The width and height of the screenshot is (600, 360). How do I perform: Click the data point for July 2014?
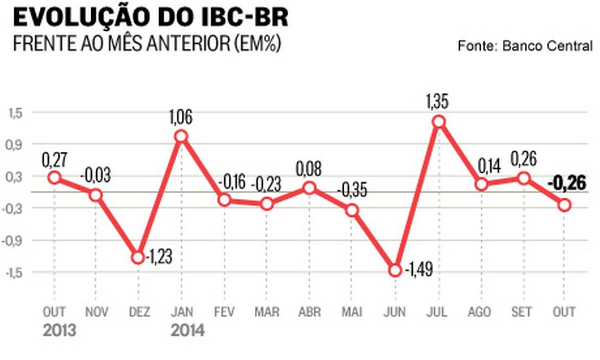pos(438,122)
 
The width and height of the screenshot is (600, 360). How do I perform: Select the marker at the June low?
pos(395,270)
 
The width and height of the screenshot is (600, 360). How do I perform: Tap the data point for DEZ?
pos(138,257)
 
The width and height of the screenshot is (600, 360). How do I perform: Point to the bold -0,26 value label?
pos(566,183)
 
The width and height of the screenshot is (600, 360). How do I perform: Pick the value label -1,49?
pos(418,271)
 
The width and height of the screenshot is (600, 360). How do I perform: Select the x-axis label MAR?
pos(266,312)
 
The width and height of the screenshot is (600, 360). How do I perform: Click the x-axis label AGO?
pos(478,312)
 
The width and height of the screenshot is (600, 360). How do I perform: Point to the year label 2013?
pos(60,331)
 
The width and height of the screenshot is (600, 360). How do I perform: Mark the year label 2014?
pos(188,331)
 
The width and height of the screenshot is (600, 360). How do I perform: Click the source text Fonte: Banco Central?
pos(524,46)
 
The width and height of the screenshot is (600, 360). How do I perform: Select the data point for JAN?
pos(180,136)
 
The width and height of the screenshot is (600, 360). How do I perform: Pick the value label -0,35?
pos(351,190)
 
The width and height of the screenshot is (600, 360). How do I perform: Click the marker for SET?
pos(523,178)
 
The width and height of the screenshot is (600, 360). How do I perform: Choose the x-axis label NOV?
pos(97,312)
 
